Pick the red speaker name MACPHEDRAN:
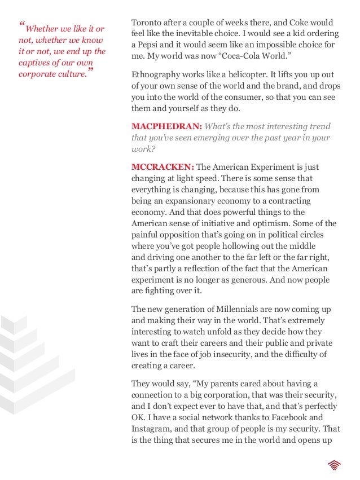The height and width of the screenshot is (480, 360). [x=166, y=126]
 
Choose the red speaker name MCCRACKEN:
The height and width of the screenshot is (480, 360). [x=163, y=168]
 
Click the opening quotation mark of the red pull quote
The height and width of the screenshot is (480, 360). [x=22, y=25]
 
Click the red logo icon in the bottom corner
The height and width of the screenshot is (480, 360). [x=333, y=464]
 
